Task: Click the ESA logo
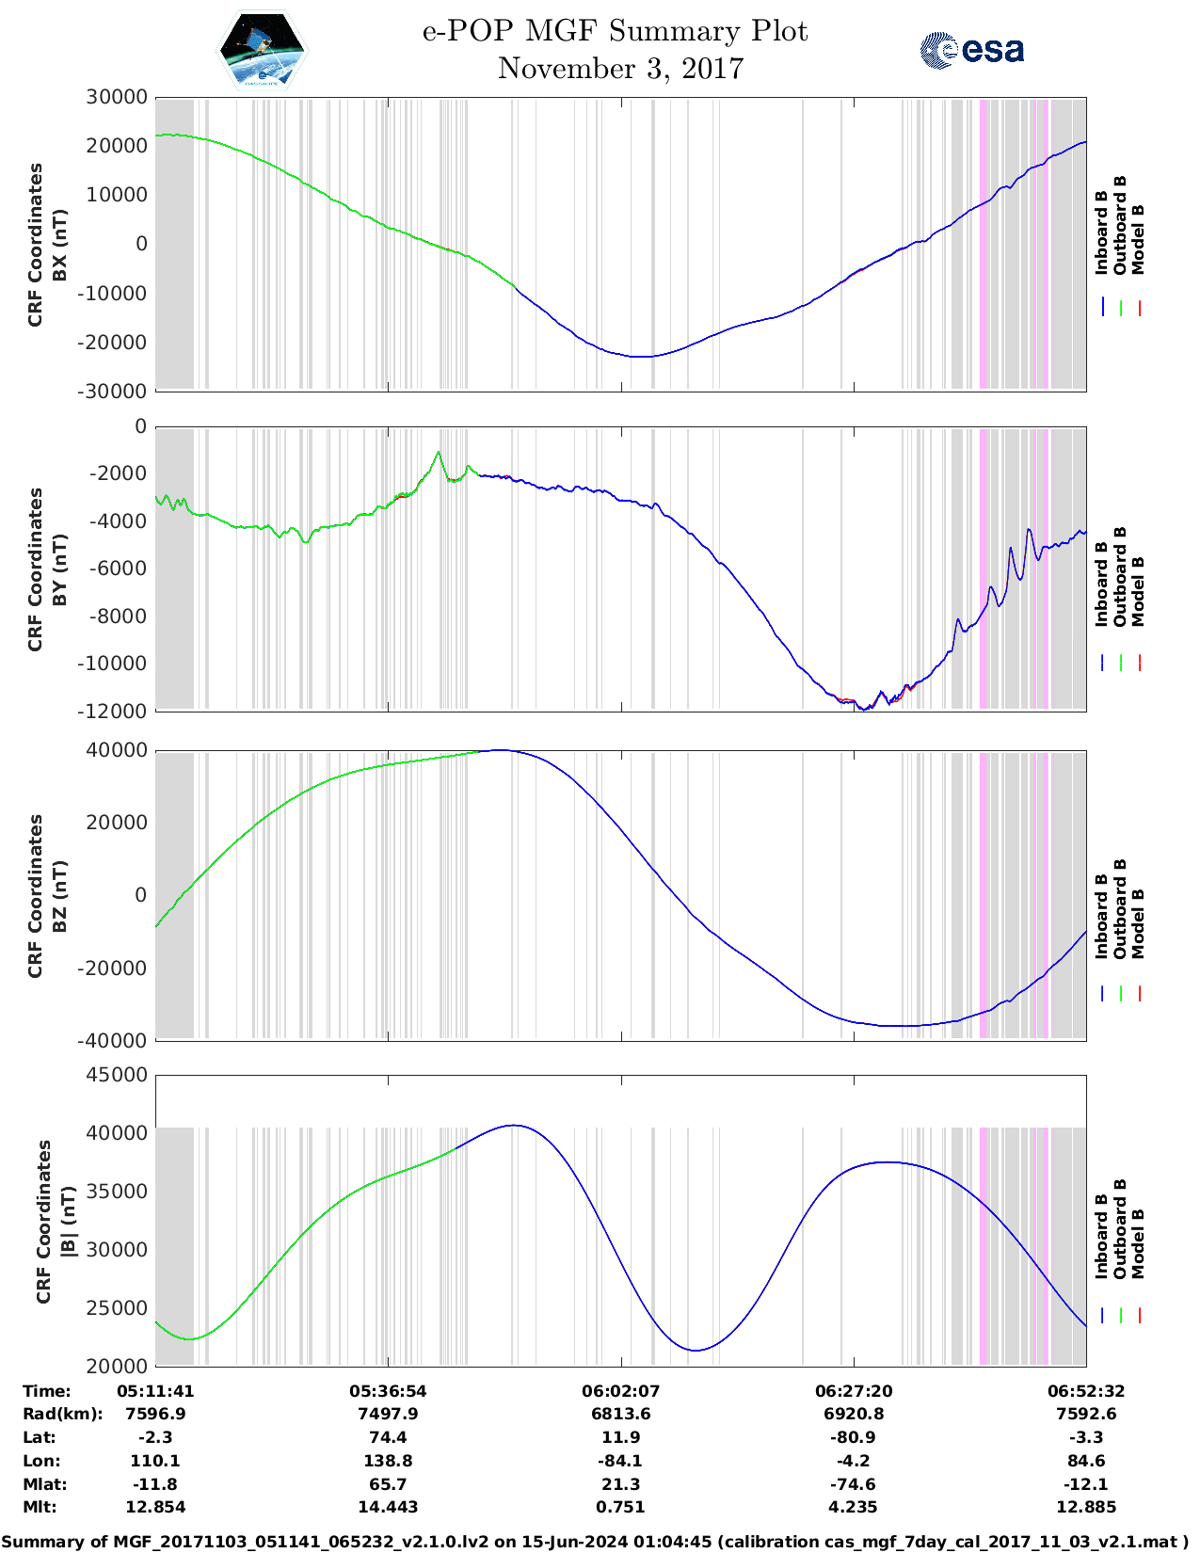click(x=972, y=50)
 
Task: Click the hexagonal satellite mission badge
click(x=263, y=51)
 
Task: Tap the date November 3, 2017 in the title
click(x=620, y=69)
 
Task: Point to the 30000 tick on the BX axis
click(x=117, y=97)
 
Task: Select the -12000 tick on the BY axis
click(x=117, y=711)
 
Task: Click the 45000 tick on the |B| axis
click(x=117, y=1075)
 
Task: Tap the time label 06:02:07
click(x=620, y=1391)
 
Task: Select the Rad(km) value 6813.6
click(x=620, y=1414)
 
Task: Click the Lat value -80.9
click(x=854, y=1437)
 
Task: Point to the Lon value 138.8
click(x=388, y=1461)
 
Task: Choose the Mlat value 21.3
click(x=620, y=1484)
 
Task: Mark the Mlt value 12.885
click(x=1086, y=1507)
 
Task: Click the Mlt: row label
click(x=40, y=1507)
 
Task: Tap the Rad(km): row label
click(x=62, y=1414)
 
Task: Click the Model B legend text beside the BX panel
click(x=1138, y=239)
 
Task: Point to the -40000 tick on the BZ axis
click(x=117, y=1040)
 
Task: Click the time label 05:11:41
click(x=155, y=1391)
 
